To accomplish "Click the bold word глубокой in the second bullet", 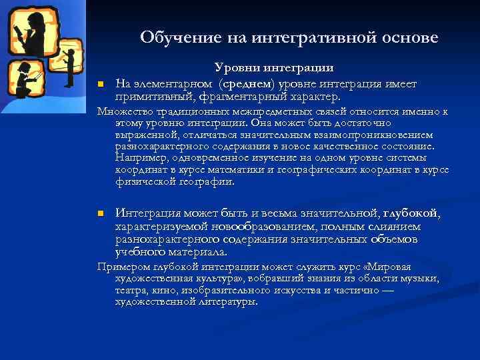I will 411,213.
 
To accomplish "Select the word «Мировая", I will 415,266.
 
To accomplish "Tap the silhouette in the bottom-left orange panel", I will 25,80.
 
